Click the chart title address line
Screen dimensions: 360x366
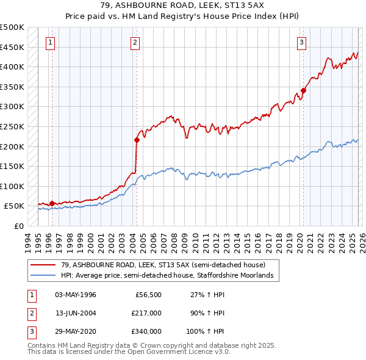(x=183, y=6)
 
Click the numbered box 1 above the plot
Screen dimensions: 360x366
(x=49, y=42)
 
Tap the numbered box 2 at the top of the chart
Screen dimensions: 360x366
(x=134, y=42)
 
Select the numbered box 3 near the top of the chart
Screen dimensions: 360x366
(x=302, y=42)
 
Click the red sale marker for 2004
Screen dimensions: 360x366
(x=137, y=140)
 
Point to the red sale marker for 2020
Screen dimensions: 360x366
(x=303, y=91)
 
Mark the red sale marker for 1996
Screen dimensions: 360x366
(x=52, y=203)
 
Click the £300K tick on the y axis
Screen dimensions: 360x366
(x=12, y=107)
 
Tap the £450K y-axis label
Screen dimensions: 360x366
(x=12, y=47)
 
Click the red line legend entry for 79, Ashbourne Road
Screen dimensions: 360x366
(x=163, y=265)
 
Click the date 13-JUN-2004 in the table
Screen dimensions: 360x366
(x=76, y=313)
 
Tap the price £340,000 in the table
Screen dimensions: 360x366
(x=146, y=331)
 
